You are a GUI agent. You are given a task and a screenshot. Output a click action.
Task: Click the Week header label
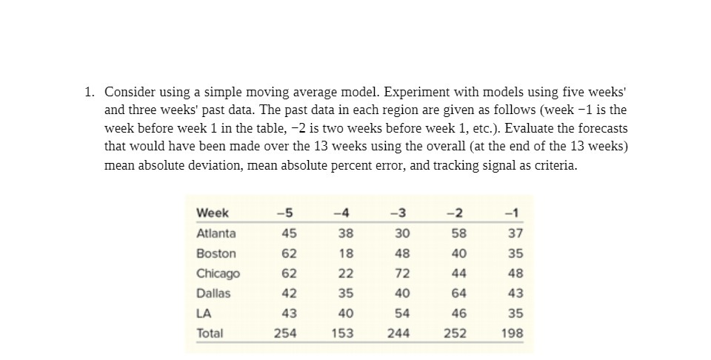[x=213, y=213]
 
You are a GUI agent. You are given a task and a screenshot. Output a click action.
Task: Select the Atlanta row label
[x=216, y=233]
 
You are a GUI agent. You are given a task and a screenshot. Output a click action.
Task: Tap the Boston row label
[x=216, y=253]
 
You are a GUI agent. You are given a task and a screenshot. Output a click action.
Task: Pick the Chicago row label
[x=218, y=273]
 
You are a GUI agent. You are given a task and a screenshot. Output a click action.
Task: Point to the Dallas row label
[x=213, y=293]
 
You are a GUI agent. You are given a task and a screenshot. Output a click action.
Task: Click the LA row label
[x=204, y=313]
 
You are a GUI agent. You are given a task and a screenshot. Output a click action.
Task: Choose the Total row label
[x=210, y=333]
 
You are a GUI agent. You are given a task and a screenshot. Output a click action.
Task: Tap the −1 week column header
[x=512, y=213]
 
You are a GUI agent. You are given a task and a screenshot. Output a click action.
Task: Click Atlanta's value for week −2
[x=456, y=233]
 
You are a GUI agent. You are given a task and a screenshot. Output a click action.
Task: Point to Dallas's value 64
[x=456, y=293]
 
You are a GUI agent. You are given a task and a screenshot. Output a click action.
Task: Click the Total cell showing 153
[x=342, y=333]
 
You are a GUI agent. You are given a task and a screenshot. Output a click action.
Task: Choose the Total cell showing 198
[x=512, y=333]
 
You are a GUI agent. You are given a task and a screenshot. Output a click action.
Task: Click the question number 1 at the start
[x=88, y=92]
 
